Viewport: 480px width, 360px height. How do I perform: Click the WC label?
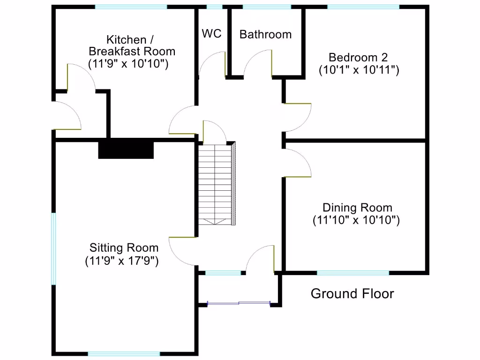pos(211,34)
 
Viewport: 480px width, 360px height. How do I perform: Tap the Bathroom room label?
pos(265,34)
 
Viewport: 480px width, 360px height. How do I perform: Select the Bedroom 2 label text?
pos(359,58)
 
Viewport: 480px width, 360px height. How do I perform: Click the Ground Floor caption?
pos(352,294)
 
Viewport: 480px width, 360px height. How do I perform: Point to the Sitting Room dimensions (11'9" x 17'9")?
pos(122,261)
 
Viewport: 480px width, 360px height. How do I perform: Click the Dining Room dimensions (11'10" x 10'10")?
pos(356,220)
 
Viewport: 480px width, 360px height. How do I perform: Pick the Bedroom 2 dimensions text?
pos(359,70)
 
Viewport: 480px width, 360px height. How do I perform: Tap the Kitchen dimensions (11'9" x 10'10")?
pos(128,64)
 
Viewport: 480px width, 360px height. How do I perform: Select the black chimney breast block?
pos(126,149)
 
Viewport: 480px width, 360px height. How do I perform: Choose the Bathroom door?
pos(258,63)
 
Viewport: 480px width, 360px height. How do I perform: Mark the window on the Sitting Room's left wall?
pos(53,248)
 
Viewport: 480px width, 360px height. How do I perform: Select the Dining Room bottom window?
pos(353,272)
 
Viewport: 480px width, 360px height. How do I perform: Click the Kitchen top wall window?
pos(131,7)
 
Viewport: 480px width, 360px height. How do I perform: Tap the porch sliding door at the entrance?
pos(239,304)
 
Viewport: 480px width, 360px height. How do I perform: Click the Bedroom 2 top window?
pos(363,7)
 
